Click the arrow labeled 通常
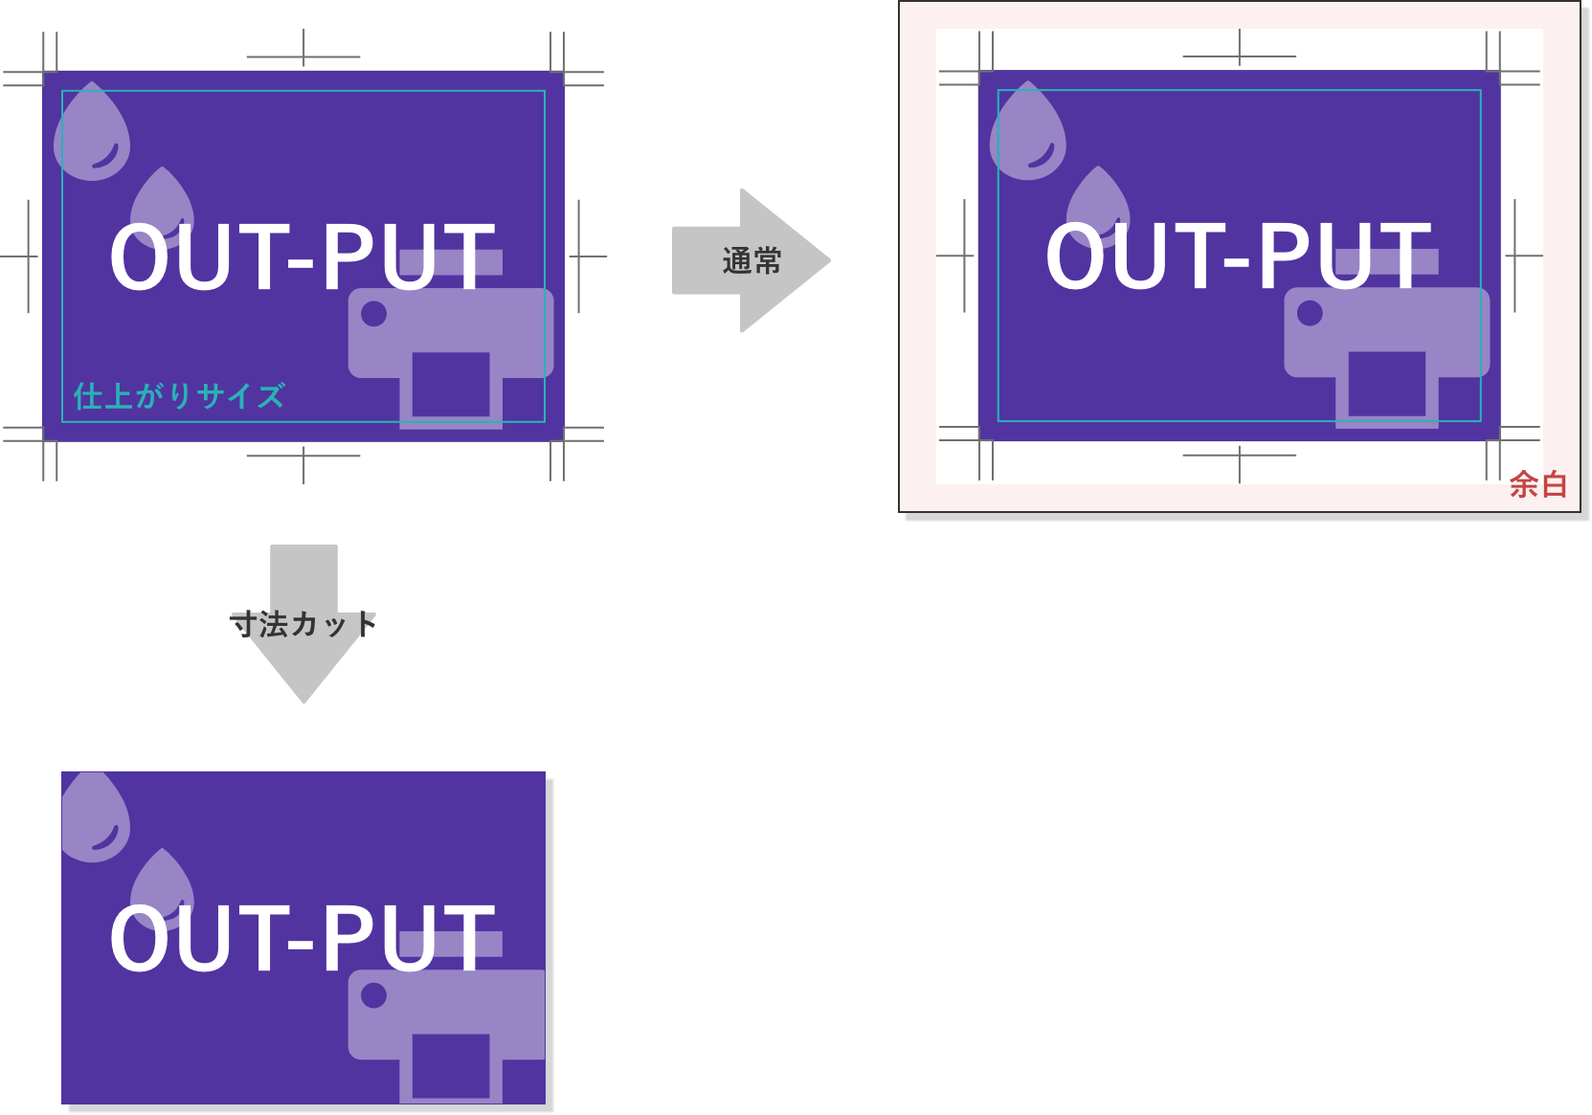click(751, 260)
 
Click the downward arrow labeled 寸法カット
click(303, 625)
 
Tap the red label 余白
click(1537, 485)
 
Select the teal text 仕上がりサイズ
click(179, 395)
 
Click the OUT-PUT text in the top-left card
click(303, 256)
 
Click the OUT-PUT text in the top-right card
click(1238, 256)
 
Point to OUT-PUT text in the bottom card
click(303, 938)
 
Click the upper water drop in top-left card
click(92, 134)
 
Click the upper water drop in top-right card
click(1027, 134)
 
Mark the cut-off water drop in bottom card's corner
click(94, 818)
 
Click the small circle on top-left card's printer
click(373, 313)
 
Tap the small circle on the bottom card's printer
click(373, 995)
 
